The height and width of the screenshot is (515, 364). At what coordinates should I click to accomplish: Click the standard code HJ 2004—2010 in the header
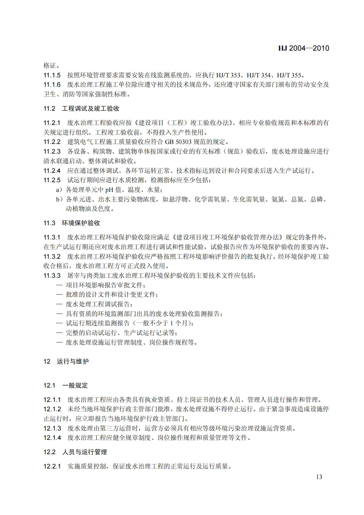[x=303, y=48]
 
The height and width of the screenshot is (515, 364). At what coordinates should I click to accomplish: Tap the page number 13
[x=319, y=477]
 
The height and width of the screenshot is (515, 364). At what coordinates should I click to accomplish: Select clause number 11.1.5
[x=52, y=75]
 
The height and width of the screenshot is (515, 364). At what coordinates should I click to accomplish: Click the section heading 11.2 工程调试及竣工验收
[x=81, y=108]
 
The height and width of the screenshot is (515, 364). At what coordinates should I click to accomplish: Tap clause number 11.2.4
[x=52, y=171]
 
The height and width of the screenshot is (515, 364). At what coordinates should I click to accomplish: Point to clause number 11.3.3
[x=52, y=276]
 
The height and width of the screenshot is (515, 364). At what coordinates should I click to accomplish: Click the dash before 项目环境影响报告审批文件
[x=59, y=285]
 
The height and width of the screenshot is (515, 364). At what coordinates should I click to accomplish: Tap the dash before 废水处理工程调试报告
[x=59, y=304]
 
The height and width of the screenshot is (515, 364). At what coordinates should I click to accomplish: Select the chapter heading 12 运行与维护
[x=66, y=361]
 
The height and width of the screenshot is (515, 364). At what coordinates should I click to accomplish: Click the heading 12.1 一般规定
[x=65, y=385]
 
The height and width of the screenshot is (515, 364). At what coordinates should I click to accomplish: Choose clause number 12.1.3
[x=52, y=428]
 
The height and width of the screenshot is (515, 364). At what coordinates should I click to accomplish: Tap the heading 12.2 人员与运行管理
[x=75, y=452]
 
